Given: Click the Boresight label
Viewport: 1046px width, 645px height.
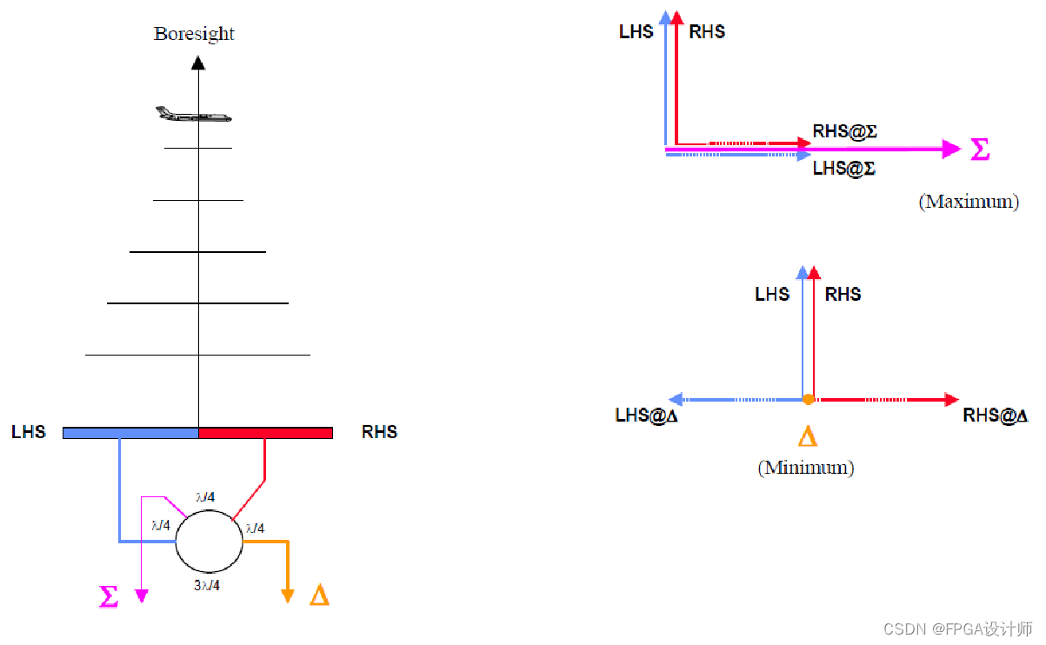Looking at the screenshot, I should tap(194, 34).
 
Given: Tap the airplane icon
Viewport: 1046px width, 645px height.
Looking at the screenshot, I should tap(193, 114).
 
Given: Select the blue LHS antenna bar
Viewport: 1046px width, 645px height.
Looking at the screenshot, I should tap(130, 433).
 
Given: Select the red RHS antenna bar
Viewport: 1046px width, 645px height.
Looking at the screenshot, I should tap(266, 433).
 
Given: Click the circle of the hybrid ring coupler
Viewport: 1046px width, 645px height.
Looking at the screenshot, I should tap(209, 542).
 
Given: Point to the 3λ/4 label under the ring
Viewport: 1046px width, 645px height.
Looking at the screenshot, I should tap(207, 585).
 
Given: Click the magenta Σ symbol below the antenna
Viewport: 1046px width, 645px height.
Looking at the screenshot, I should tap(109, 596).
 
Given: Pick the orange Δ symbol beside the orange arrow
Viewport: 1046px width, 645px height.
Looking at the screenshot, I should tap(319, 596).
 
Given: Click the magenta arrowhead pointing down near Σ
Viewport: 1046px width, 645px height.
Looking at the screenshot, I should tap(142, 595).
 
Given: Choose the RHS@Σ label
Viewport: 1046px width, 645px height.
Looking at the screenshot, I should tap(844, 131).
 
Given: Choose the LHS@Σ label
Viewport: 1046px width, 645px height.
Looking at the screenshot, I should tap(843, 169).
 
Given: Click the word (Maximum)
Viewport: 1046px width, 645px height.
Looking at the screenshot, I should tap(968, 202).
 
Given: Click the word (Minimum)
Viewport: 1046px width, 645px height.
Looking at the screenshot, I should tap(805, 468).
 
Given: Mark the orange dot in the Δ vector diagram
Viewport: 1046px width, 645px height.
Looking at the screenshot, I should tap(808, 400).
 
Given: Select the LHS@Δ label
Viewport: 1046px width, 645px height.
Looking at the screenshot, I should tap(646, 416).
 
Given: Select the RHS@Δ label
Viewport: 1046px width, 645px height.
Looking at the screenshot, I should tap(995, 416).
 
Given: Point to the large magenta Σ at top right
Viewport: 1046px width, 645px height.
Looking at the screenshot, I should tap(979, 150).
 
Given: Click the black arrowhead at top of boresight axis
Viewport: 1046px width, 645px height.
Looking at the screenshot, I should tap(198, 63).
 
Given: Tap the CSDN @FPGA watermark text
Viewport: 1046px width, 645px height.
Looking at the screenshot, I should tap(957, 628).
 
